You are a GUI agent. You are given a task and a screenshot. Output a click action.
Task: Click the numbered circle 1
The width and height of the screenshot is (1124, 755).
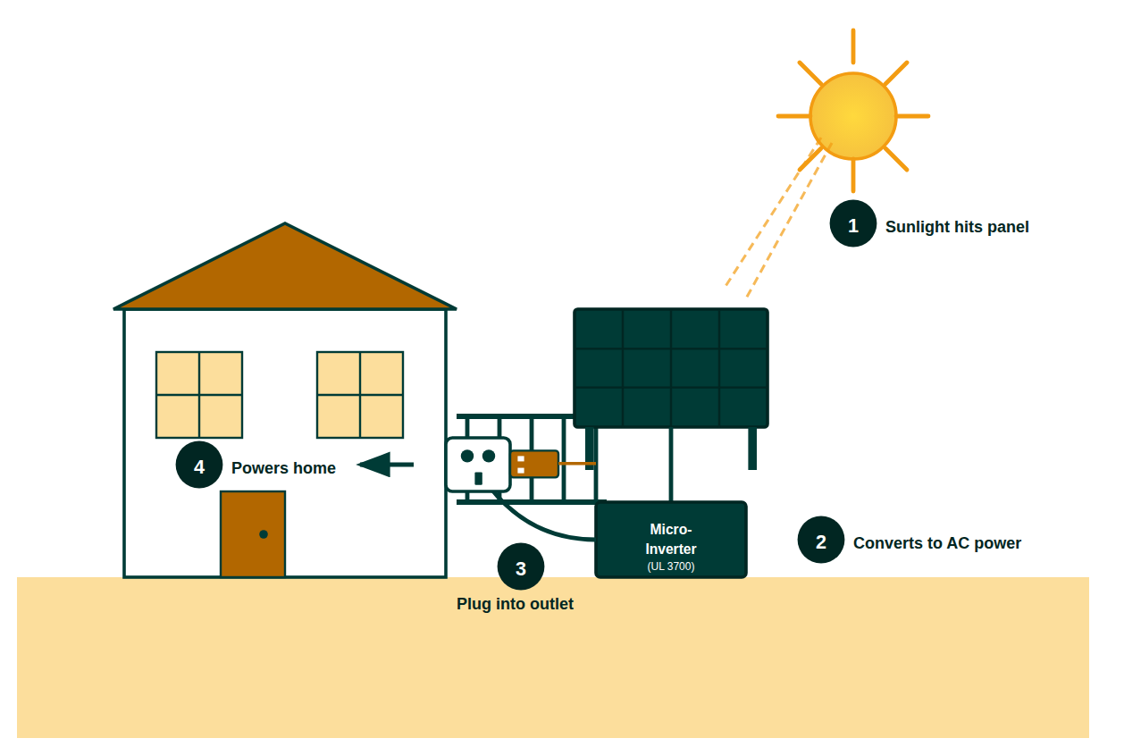point(852,223)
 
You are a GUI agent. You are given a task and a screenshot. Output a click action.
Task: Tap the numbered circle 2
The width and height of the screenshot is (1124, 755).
point(820,540)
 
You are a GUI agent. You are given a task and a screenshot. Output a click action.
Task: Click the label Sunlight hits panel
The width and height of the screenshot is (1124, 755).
point(957,227)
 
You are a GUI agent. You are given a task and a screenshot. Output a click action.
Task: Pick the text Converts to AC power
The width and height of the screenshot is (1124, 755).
point(936,543)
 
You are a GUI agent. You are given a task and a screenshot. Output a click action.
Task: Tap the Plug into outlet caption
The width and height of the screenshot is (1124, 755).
point(515,604)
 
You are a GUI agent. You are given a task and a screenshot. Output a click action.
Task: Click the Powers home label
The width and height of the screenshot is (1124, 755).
point(283,468)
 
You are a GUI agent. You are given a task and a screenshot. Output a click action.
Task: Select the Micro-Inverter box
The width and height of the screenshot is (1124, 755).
point(670,539)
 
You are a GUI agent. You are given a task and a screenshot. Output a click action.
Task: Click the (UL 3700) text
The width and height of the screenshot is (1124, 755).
point(670,566)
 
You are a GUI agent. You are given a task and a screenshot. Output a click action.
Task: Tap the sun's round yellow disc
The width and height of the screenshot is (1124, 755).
point(852,116)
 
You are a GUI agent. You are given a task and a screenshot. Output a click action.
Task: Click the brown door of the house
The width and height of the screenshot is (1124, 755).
point(252,533)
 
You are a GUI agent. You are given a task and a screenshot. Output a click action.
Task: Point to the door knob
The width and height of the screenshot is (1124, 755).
point(264,534)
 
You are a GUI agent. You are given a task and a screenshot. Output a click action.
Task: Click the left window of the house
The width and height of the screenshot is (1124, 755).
point(199,394)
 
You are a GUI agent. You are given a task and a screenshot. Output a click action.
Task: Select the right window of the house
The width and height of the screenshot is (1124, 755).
point(360,394)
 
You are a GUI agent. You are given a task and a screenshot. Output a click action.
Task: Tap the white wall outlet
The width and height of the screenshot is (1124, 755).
point(478,465)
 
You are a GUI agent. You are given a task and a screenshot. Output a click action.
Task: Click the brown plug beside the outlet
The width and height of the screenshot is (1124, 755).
point(534,464)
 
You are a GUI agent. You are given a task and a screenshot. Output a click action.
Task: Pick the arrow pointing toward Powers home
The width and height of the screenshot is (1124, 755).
point(385,465)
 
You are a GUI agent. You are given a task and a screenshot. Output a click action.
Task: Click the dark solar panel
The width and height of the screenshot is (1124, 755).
point(670,367)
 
